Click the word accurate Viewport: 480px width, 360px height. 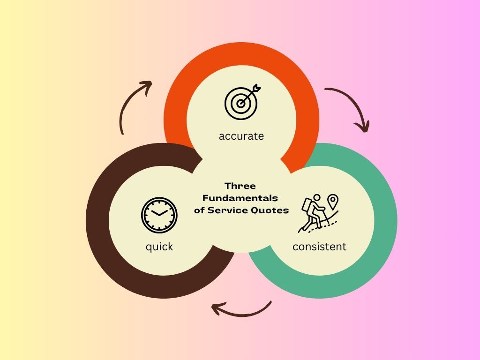241,136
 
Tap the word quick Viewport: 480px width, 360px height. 159,247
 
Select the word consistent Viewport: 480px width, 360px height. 319,247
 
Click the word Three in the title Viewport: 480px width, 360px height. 240,186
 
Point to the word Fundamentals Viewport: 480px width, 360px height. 240,198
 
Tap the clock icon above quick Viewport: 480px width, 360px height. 159,215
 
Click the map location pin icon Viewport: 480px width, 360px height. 333,202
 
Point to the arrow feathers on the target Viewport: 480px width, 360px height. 256,88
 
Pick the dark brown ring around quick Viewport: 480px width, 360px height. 97,220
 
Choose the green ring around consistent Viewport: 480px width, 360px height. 386,220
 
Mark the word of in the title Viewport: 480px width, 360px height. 199,210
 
